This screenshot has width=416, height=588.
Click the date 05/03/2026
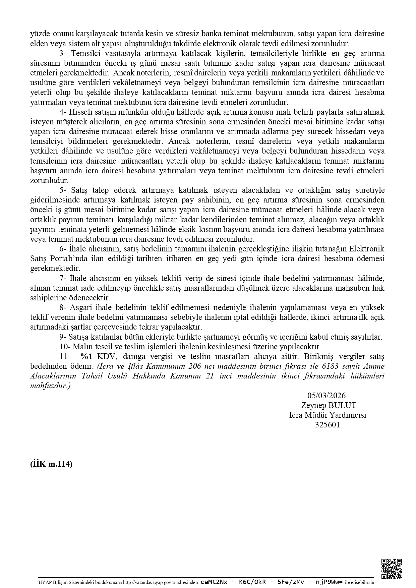pyautogui.click(x=326, y=396)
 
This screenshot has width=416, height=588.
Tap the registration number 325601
pyautogui.click(x=327, y=425)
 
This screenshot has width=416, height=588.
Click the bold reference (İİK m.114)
pyautogui.click(x=51, y=464)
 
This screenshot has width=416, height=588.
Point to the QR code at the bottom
pyautogui.click(x=392, y=569)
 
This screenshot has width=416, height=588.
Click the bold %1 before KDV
pyautogui.click(x=86, y=356)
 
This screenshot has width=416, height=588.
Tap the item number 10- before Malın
pyautogui.click(x=64, y=347)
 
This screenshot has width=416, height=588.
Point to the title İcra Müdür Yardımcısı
pyautogui.click(x=328, y=415)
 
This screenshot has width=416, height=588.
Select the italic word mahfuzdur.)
pyautogui.click(x=50, y=386)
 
